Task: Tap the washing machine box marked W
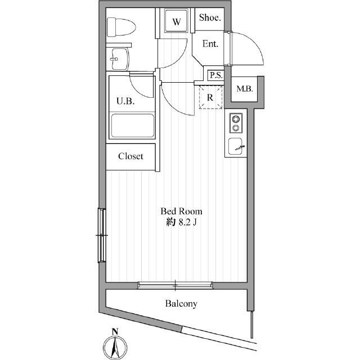pos(176,23)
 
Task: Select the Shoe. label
pos(210,18)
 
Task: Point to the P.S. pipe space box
pos(215,75)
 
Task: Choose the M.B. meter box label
pos(244,89)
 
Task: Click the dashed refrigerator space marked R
pos(210,97)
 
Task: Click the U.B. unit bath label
pos(125,101)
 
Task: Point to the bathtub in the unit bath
pos(132,125)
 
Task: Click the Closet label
pos(130,156)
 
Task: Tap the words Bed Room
pos(181,211)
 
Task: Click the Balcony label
pos(181,304)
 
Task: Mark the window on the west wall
pos(102,235)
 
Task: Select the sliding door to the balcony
pos(175,285)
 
